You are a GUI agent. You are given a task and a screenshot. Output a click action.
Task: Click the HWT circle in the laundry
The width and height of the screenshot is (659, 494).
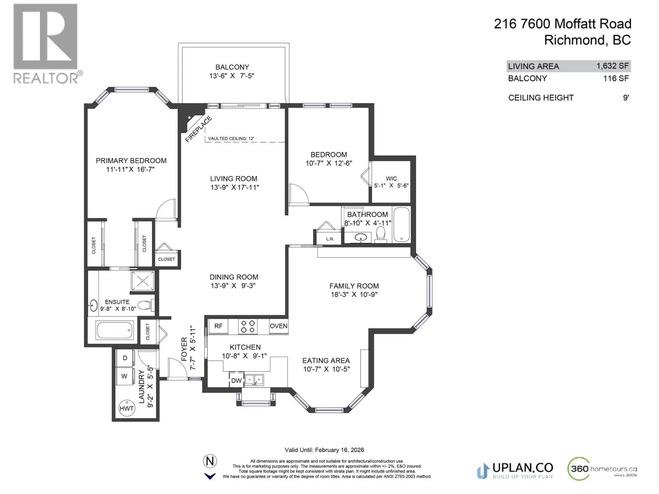(x=126, y=408)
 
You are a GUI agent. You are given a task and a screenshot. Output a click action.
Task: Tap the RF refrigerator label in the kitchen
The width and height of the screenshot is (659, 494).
(x=218, y=326)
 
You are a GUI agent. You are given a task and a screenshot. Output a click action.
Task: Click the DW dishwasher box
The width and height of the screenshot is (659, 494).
(x=236, y=381)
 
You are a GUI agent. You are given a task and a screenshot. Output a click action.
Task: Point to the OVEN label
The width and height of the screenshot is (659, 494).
(x=278, y=326)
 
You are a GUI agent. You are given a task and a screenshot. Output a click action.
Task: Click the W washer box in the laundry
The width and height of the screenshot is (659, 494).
(x=125, y=375)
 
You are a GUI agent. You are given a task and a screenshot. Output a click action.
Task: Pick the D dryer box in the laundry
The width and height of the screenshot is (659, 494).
(x=125, y=358)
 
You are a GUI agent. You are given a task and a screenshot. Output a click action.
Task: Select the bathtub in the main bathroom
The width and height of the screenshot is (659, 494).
(x=402, y=224)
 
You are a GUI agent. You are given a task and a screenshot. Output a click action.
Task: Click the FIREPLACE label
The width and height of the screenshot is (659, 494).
(x=199, y=129)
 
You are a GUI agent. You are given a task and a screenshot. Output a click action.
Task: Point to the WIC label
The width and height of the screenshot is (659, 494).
(x=391, y=179)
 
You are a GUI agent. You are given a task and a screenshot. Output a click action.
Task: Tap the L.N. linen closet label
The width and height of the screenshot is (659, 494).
(x=330, y=239)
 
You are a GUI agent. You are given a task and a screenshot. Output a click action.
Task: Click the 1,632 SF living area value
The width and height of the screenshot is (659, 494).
(x=612, y=66)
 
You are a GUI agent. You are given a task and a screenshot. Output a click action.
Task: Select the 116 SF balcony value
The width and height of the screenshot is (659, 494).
(x=616, y=79)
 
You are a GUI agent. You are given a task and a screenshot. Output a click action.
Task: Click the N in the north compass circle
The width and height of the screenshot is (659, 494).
(x=210, y=461)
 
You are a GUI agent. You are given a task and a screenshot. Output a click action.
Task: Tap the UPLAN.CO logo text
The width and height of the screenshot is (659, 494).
(x=523, y=468)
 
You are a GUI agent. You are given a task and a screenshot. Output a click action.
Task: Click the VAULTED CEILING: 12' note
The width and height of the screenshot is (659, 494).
(x=231, y=139)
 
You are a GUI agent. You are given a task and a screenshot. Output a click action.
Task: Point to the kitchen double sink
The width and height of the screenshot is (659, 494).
(x=254, y=380)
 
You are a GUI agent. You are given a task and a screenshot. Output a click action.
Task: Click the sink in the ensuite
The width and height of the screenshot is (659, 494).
(x=93, y=305)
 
